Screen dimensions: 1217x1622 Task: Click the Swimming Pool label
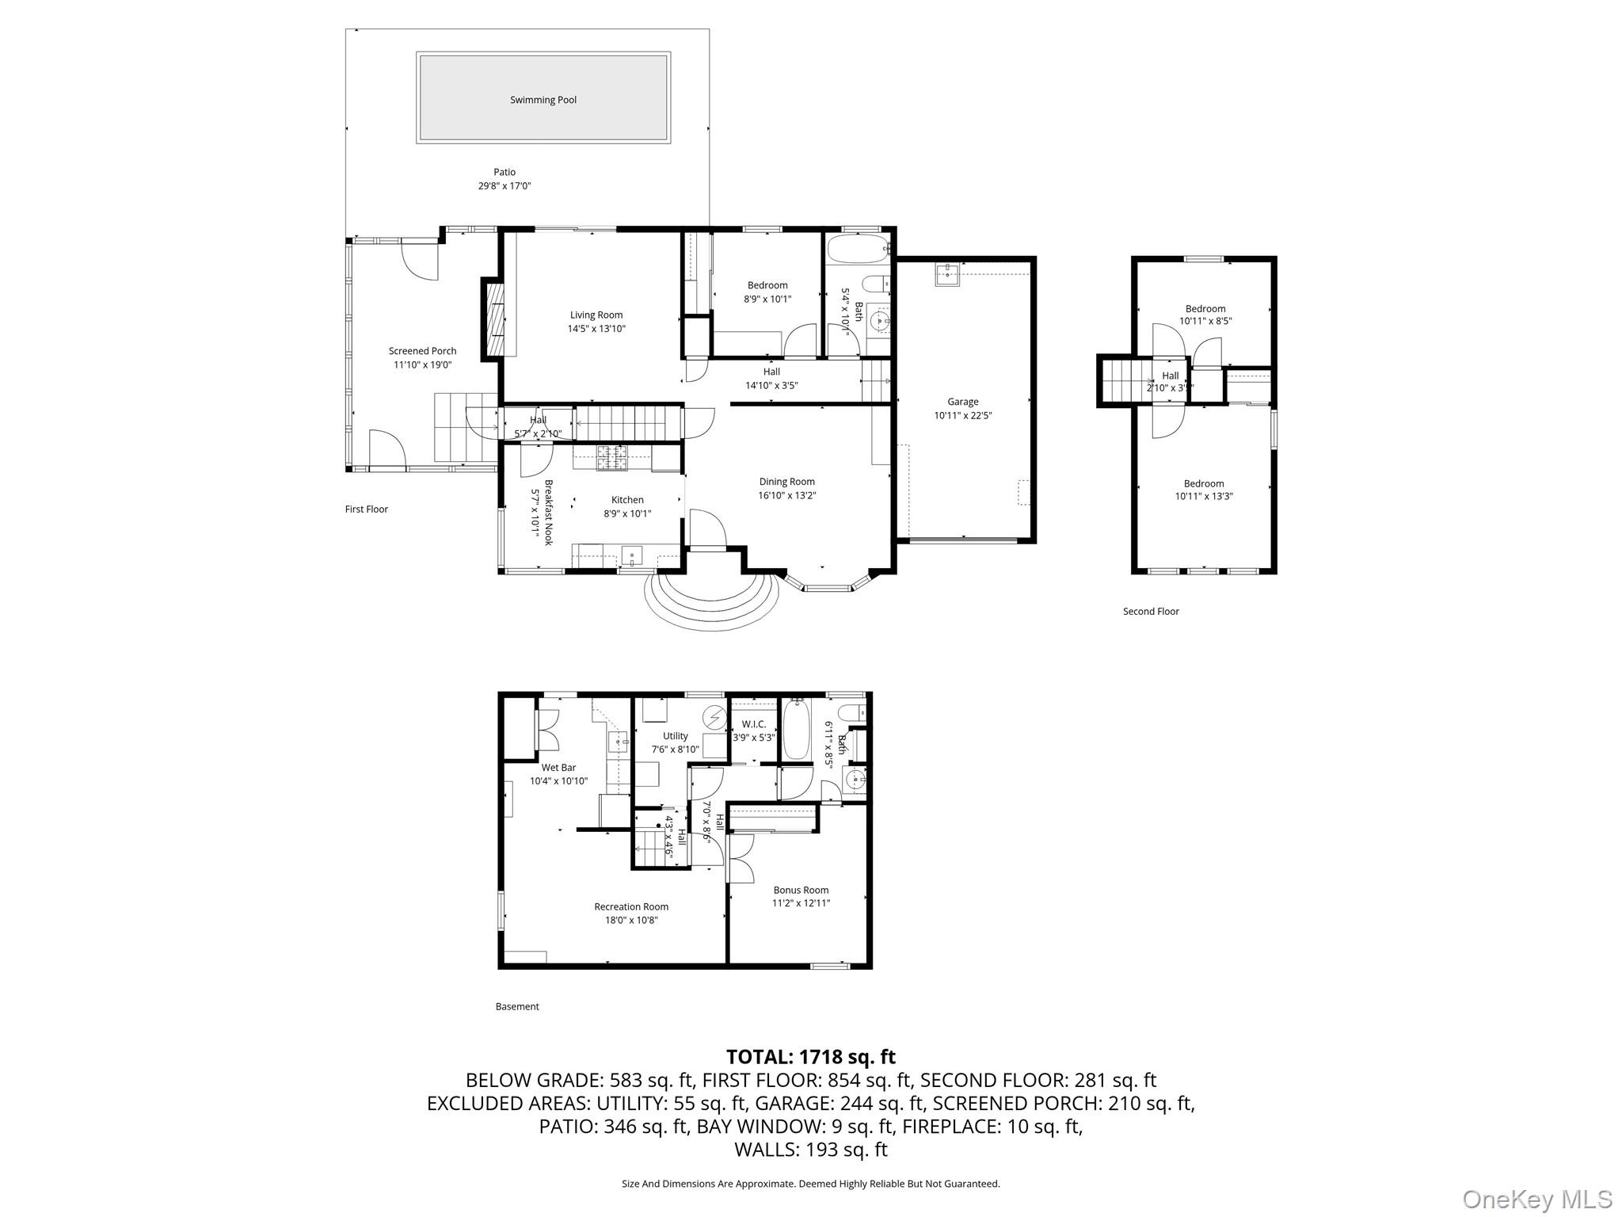coord(543,100)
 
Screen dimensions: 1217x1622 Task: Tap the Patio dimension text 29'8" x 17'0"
coord(504,186)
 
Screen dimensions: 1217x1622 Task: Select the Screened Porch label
coord(422,351)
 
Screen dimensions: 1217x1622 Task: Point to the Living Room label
coord(596,315)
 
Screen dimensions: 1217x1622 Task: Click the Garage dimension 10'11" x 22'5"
coord(962,415)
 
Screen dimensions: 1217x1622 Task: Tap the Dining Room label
coord(786,482)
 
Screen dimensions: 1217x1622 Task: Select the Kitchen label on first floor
coord(627,500)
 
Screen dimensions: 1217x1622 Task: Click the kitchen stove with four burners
coord(611,457)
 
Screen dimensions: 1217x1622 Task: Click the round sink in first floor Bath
coord(879,321)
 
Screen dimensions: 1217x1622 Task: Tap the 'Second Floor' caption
coord(1150,612)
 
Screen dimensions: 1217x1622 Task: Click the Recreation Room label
coord(631,906)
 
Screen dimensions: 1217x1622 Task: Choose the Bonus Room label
coord(801,890)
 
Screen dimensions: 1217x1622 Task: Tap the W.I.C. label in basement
coord(753,724)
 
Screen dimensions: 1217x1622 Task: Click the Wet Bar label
coord(558,768)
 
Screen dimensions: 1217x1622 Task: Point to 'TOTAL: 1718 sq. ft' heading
coord(810,1056)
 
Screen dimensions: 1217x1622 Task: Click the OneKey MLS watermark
coord(1536,1199)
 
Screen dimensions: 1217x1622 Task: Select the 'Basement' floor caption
coord(517,1007)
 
